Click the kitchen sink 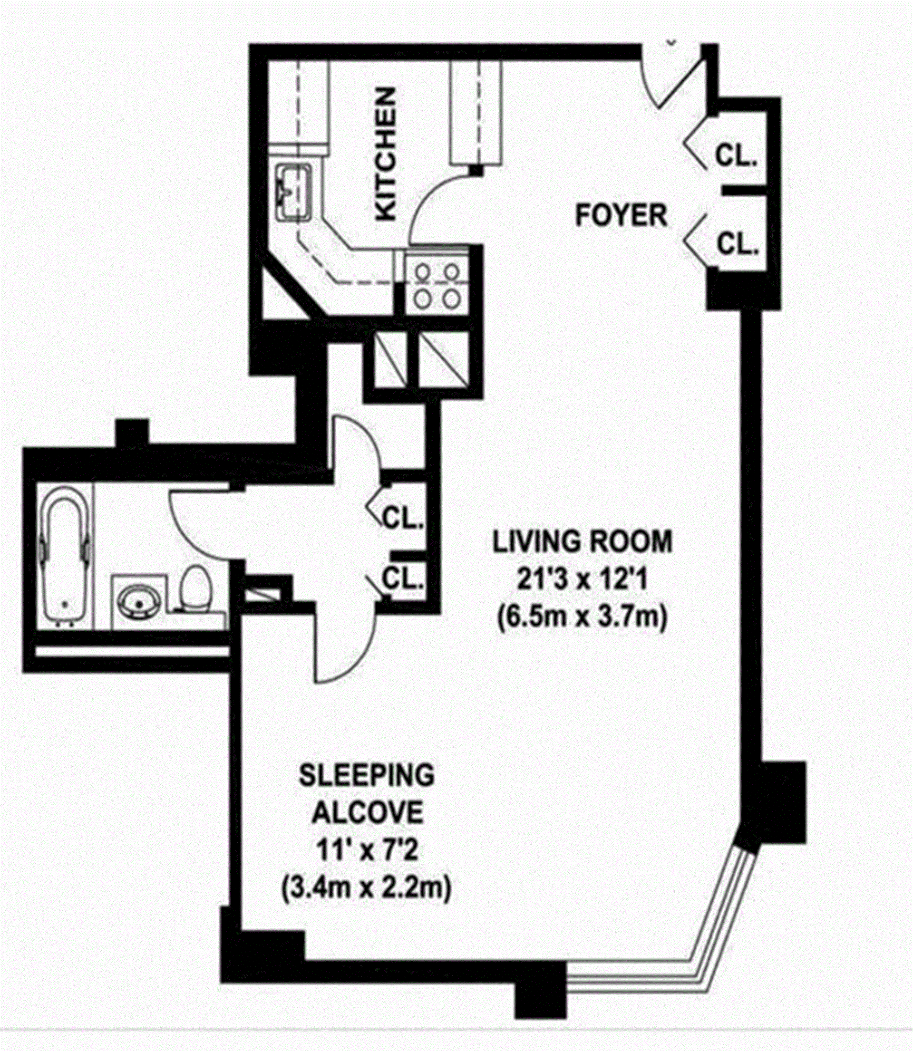tap(293, 193)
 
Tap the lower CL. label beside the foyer tap(737, 244)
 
